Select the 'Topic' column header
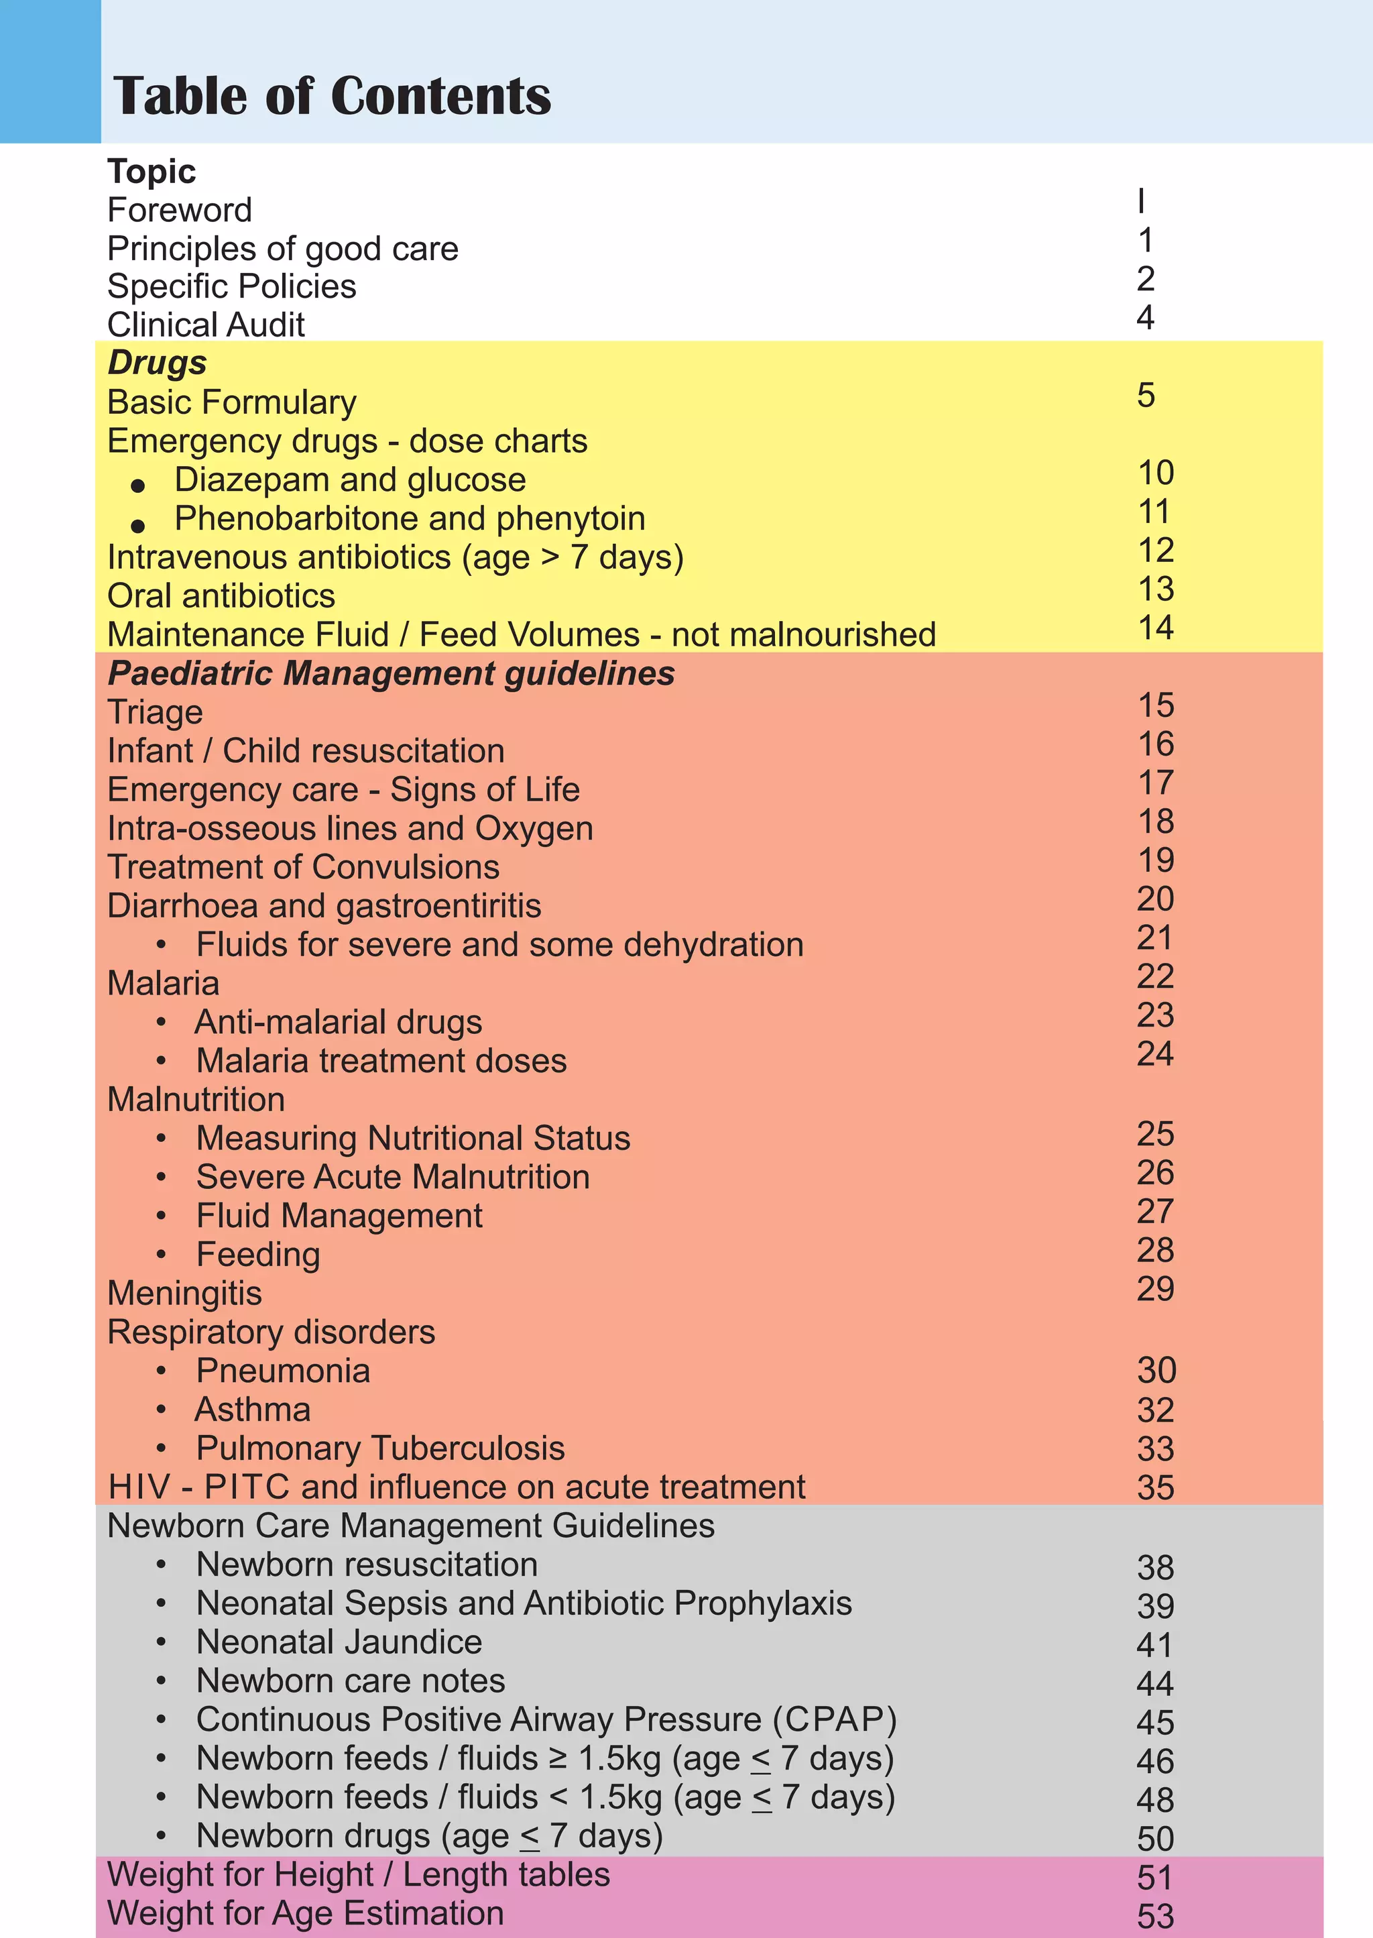click(152, 172)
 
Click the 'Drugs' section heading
click(158, 363)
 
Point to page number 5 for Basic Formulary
click(1146, 396)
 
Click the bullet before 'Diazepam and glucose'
click(138, 486)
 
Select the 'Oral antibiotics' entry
click(221, 596)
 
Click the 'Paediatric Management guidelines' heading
click(392, 674)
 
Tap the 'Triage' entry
click(155, 713)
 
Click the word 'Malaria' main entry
click(163, 983)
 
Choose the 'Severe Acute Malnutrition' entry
click(393, 1177)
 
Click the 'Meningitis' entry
click(184, 1294)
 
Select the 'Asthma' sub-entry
click(253, 1410)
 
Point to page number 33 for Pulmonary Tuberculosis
click(1155, 1449)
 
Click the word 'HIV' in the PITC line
click(139, 1487)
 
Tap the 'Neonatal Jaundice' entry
click(339, 1642)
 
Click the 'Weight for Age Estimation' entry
click(306, 1913)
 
